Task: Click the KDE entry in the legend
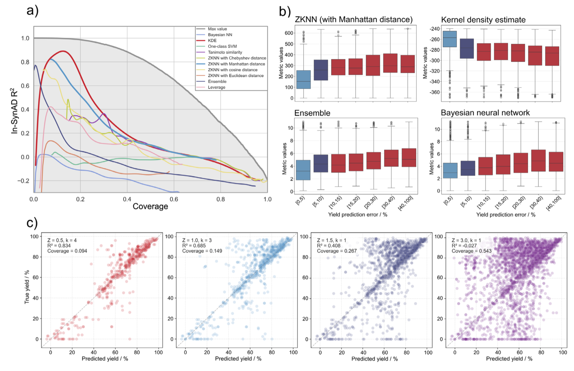[x=212, y=40]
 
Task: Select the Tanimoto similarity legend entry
[x=225, y=52]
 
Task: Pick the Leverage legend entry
[x=216, y=87]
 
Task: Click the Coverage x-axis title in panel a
[x=150, y=207]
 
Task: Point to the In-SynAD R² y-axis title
[x=14, y=111]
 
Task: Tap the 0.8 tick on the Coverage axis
[x=221, y=199]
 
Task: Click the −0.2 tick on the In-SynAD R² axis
[x=23, y=181]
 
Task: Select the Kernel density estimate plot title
[x=483, y=20]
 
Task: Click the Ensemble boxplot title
[x=312, y=113]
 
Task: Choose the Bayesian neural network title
[x=485, y=113]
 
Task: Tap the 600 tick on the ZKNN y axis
[x=289, y=33]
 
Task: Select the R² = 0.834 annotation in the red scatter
[x=59, y=246]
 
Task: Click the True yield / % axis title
[x=27, y=287]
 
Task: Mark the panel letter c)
[x=32, y=223]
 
